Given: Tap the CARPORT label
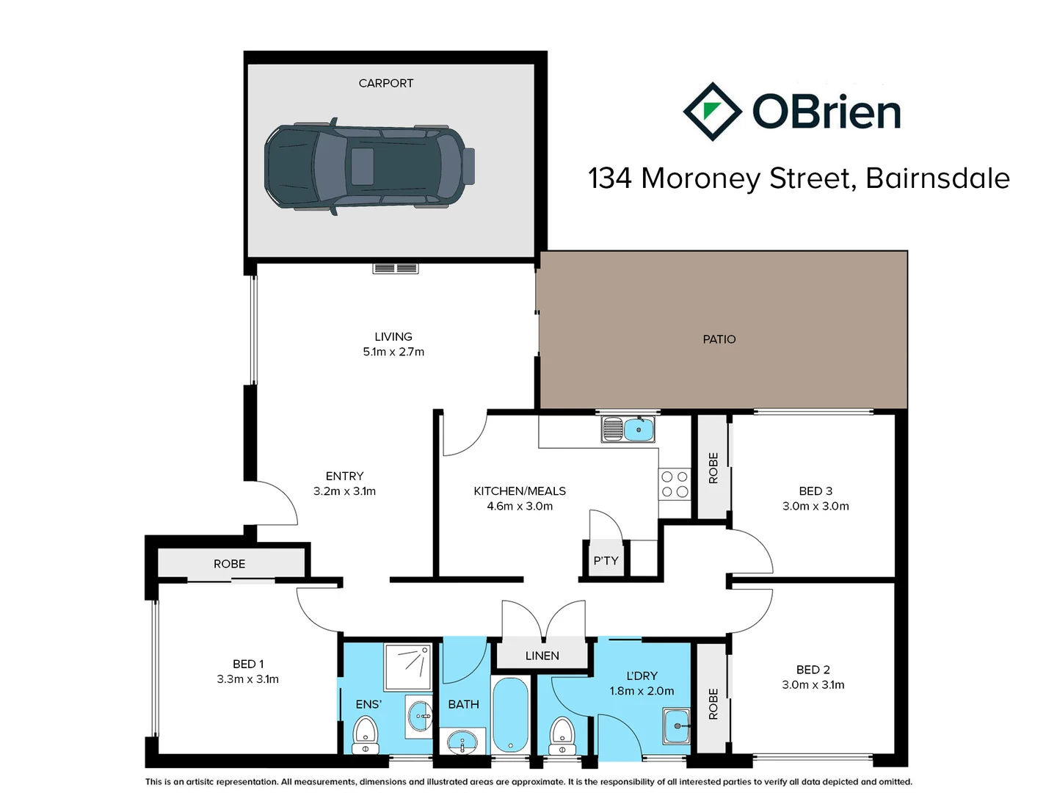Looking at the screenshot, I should pos(385,84).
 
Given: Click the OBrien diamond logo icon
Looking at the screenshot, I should pos(711,112).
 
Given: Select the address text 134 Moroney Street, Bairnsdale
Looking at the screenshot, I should pos(799,178).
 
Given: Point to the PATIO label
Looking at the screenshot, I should pos(719,339).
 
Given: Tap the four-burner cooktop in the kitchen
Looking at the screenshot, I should pos(675,485).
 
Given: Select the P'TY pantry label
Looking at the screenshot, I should pos(606,561).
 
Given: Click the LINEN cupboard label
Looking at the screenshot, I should pos(542,656).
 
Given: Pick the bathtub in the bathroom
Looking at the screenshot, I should pos(510,714).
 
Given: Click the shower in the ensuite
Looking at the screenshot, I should pos(408,667).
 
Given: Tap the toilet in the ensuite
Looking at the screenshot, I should pos(365,734).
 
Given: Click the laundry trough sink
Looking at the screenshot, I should pos(676,726).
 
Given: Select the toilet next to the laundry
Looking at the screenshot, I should pos(562,734).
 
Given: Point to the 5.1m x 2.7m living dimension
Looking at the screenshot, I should pos(393,352).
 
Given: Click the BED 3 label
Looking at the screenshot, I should pos(816,491).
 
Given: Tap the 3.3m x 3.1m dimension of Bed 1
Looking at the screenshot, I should pos(247,679).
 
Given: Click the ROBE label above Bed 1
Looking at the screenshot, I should pos(229,564).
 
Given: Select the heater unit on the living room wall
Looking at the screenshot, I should pos(395,268).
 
